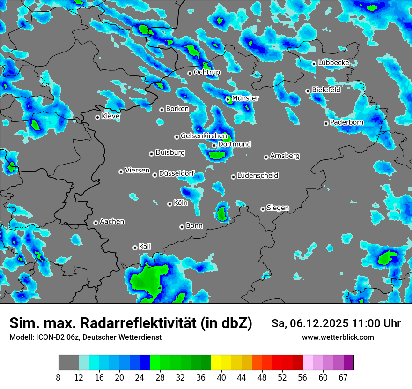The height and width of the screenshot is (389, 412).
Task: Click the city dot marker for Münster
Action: (228, 99)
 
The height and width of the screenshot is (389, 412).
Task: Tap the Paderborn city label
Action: (346, 122)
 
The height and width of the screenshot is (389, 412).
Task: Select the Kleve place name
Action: (110, 116)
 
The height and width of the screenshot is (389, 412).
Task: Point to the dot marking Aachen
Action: (96, 223)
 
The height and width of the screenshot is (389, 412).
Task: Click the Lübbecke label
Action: (333, 63)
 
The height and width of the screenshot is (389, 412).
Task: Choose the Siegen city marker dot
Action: (263, 209)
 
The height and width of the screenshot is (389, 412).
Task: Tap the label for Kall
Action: (145, 247)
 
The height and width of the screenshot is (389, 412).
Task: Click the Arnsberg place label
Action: (285, 156)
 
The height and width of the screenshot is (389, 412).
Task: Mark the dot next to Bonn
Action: (182, 227)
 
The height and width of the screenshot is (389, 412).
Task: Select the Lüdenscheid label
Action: (257, 176)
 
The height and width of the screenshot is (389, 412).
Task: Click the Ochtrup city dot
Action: (190, 73)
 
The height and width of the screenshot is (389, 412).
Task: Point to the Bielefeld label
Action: (326, 90)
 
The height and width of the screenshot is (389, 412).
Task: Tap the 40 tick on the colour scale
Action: (221, 377)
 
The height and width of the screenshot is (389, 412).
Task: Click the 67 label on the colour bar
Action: (344, 377)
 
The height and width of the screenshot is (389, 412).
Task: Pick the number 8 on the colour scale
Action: (59, 377)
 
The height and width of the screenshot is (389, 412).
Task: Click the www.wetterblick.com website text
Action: (338, 337)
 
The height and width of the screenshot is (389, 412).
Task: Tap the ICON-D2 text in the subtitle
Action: (48, 337)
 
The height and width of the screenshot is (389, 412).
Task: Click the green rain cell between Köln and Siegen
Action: (222, 214)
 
